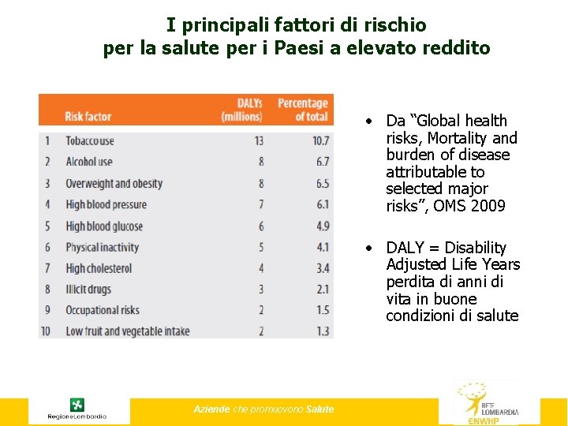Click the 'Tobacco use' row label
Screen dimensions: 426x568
pos(89,141)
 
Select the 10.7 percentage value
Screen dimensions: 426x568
pos(320,141)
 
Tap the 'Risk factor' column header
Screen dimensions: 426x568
pos(88,117)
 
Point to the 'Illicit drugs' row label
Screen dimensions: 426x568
pos(88,290)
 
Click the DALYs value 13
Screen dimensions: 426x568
pos(258,141)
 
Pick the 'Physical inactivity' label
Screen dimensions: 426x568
pos(102,248)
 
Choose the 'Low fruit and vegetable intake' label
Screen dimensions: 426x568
pos(127,331)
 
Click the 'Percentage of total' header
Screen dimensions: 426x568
pos(302,110)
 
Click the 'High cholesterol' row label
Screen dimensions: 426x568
pos(99,269)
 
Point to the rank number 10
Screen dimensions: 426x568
pos(46,331)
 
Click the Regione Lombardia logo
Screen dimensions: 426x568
pos(77,409)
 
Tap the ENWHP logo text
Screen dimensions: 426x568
pos(484,420)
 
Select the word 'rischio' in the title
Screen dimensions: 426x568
pos(393,24)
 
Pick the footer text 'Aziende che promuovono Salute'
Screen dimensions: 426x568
pos(263,409)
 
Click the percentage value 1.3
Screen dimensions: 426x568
pos(322,331)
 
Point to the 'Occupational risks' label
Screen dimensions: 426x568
pos(102,311)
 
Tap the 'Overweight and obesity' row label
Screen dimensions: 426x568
pos(114,184)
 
